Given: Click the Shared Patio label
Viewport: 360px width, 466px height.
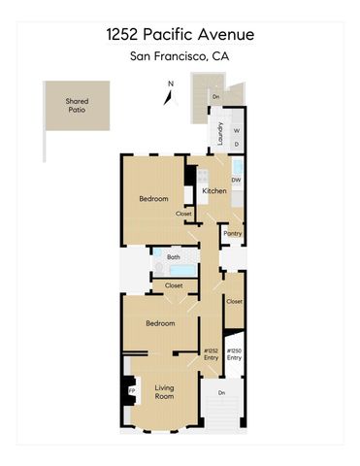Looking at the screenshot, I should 76,105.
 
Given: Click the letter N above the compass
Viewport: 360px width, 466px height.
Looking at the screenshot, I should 170,83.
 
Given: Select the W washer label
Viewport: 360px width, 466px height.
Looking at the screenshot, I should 236,131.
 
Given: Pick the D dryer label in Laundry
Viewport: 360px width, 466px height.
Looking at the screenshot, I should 236,145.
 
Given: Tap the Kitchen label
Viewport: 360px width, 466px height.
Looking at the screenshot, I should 213,191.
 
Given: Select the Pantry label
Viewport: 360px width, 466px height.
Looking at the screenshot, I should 232,233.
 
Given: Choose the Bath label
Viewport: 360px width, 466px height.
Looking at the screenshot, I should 174,257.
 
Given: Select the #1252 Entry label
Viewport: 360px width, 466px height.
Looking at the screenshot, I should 211,354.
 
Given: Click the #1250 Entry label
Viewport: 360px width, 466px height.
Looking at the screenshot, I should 234,354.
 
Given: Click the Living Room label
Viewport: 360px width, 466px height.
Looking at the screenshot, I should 165,392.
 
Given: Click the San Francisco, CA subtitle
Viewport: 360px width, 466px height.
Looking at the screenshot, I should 180,57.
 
